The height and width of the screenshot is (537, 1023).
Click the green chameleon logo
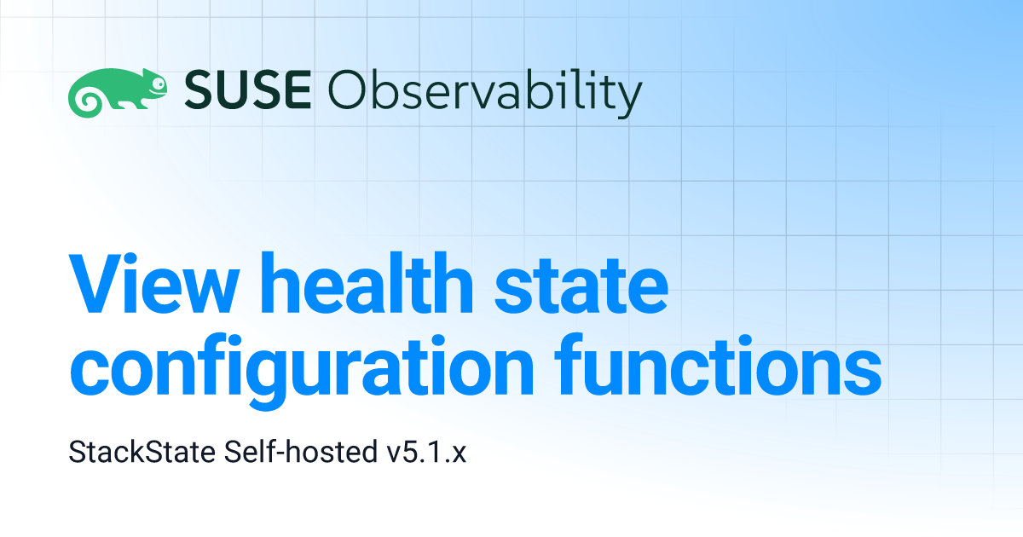118,93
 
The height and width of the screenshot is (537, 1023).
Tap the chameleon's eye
159,84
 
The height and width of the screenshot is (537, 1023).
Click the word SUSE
248,89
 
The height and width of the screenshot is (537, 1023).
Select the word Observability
485,93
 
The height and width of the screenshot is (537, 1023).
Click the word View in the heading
154,284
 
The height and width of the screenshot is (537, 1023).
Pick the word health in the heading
367,283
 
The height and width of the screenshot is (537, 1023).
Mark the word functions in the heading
718,365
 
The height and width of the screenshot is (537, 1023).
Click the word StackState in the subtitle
142,452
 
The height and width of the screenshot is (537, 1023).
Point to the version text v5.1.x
426,453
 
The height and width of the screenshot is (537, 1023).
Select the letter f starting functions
571,364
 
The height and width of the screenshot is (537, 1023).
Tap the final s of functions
862,372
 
